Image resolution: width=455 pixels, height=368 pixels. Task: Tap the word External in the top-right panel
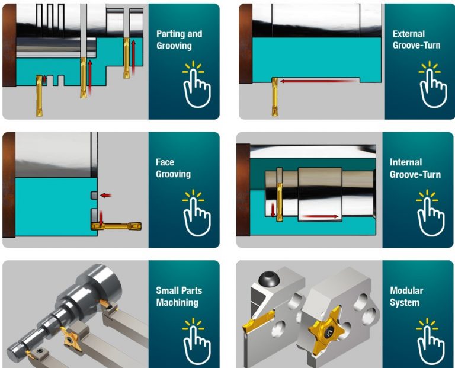point(409,34)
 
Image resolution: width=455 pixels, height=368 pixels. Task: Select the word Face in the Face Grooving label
point(165,162)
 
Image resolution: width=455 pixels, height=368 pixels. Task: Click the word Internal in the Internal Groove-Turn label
point(406,162)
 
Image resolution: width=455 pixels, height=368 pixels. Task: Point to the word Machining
point(177,302)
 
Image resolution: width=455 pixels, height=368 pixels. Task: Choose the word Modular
point(406,290)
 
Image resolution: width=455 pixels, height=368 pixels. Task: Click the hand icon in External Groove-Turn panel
point(433,85)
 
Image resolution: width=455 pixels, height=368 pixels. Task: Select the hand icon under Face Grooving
point(197,213)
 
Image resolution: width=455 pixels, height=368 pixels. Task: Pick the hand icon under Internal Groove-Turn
point(431,213)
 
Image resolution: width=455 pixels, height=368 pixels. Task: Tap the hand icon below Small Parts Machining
point(197,343)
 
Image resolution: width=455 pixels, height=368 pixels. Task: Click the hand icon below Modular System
point(431,343)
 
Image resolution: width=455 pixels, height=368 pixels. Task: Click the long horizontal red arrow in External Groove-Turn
point(319,81)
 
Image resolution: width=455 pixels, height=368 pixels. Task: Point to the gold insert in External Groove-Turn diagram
point(274,97)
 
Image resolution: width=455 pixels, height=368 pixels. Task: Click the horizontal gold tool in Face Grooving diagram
point(116,226)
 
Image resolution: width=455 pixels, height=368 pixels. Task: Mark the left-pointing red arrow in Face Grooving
point(105,196)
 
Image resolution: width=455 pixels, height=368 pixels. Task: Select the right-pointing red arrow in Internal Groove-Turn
point(320,216)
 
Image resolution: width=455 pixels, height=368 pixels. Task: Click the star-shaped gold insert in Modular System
point(327,331)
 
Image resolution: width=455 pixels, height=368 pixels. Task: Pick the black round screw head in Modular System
point(269,279)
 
